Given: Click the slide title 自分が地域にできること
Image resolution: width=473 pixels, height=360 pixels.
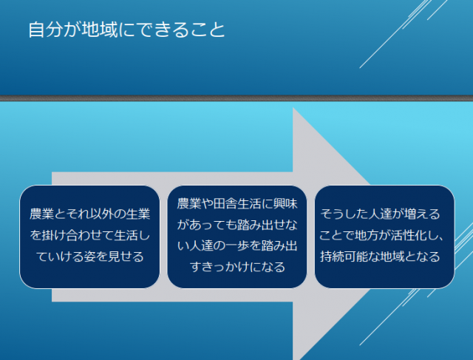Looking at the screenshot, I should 126,30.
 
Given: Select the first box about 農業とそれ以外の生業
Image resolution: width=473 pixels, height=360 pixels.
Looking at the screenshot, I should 89,236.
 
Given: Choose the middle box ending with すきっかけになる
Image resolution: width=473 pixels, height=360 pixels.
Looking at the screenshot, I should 236,236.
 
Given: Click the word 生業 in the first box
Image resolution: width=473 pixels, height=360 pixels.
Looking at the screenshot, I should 138,214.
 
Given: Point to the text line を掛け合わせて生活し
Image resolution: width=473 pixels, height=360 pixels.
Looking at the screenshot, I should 89,236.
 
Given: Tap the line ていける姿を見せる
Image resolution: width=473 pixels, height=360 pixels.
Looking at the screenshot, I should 89,257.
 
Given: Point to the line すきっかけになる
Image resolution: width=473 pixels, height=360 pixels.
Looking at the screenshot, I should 237,267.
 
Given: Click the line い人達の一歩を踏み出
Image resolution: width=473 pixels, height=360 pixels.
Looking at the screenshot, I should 237,245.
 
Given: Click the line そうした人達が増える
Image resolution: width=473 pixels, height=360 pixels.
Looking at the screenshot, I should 380,214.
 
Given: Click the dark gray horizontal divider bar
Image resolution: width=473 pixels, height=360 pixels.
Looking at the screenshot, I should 236,98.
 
